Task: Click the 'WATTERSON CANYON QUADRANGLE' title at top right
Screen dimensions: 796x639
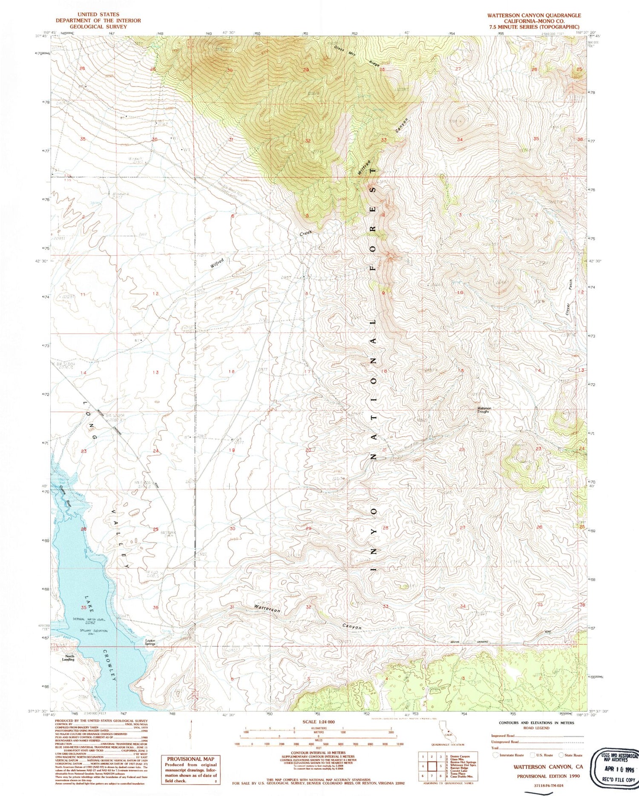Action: [534, 15]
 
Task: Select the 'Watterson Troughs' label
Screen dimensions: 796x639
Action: [484, 410]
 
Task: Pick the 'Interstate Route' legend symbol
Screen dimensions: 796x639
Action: [495, 755]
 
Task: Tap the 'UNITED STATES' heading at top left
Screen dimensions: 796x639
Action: [98, 14]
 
